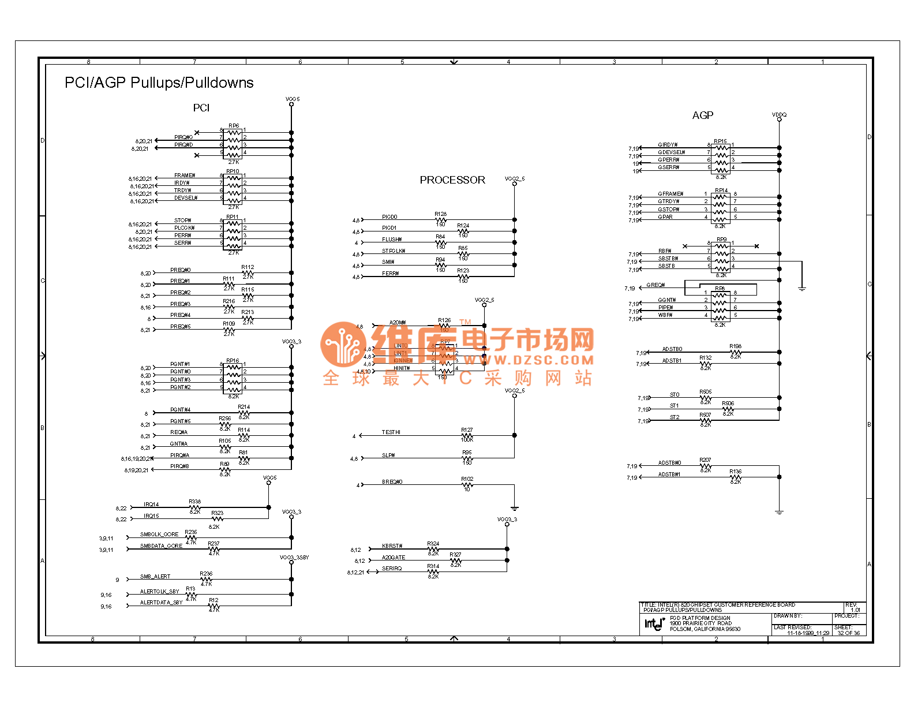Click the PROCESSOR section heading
452,180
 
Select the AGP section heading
702,115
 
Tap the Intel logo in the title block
654,623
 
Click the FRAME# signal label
185,175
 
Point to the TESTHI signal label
391,432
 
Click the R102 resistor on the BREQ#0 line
467,484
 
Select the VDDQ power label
779,115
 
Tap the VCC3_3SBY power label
294,558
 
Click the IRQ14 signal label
151,505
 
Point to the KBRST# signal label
392,546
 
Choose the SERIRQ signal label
392,569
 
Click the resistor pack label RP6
233,126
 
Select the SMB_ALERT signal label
155,577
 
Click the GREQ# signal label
655,285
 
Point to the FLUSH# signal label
392,240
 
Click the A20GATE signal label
394,558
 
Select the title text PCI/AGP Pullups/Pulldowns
159,83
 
